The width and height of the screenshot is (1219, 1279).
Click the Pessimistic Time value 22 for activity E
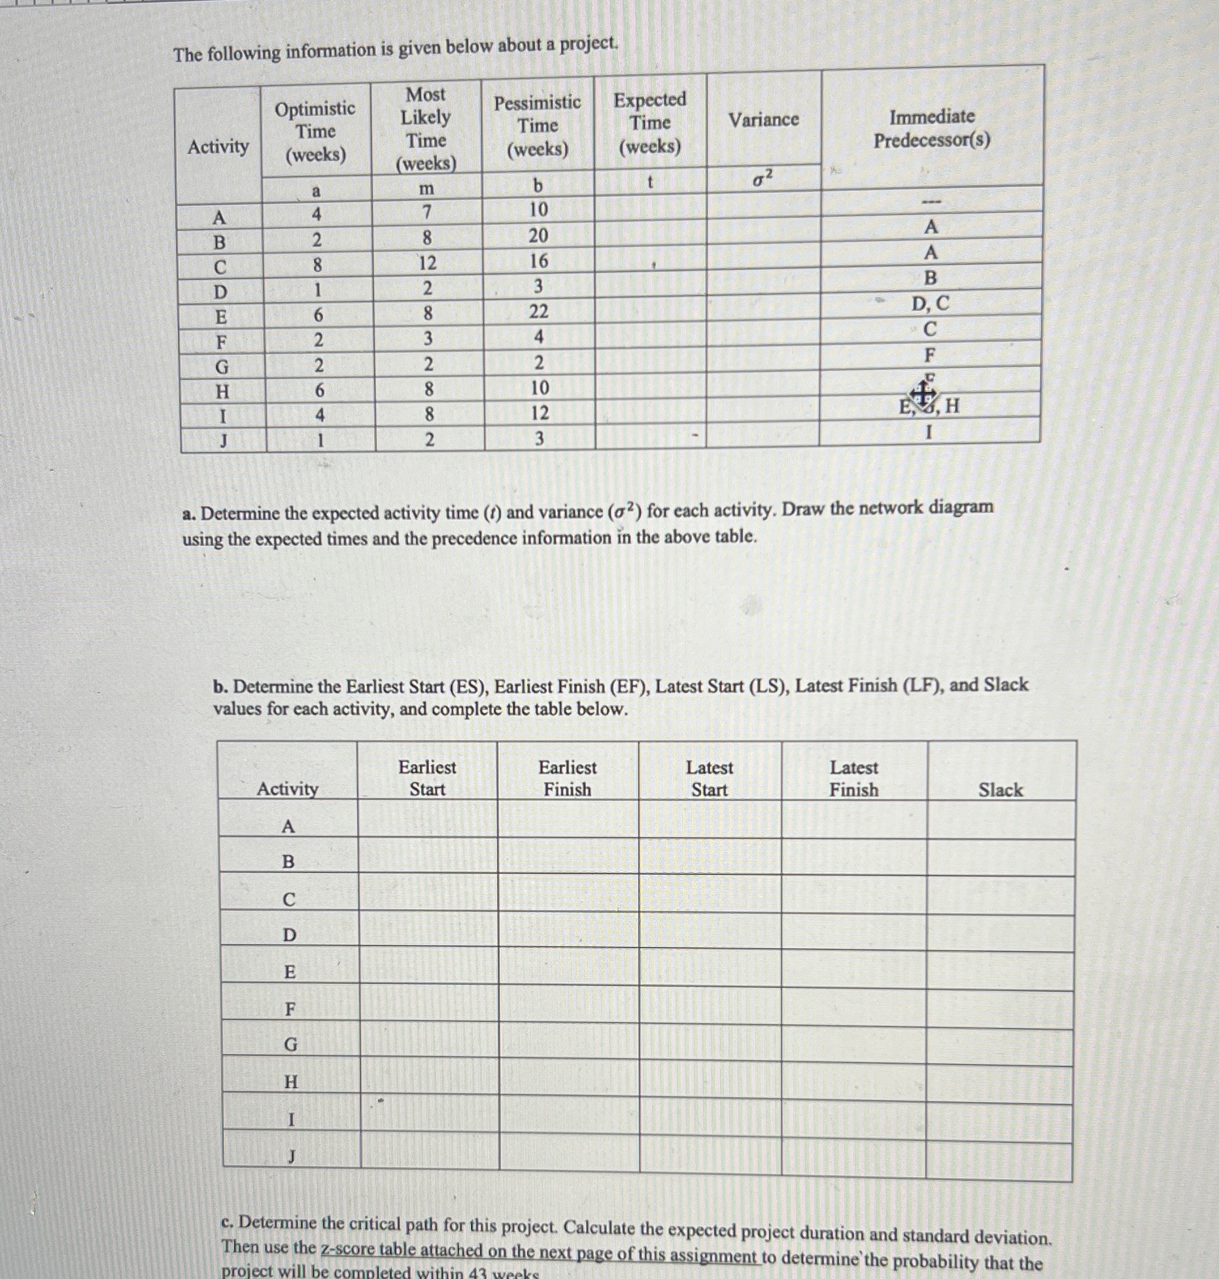538,312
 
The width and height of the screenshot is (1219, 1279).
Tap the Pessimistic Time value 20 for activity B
538,235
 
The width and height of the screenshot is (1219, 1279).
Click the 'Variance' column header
763,120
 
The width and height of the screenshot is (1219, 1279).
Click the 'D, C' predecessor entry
930,303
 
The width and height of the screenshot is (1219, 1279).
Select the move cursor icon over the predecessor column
922,394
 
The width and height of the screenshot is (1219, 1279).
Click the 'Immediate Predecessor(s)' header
931,128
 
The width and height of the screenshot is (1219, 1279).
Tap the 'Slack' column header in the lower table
1000,790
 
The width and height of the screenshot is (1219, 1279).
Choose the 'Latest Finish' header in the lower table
853,778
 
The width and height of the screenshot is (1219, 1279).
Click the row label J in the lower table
292,1157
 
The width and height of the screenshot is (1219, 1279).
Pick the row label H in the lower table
290,1082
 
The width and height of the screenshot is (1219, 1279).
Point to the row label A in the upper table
220,217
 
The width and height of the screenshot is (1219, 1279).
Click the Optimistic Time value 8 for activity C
317,265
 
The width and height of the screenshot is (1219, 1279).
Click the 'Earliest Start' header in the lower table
427,778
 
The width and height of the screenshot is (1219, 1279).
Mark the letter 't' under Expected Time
649,183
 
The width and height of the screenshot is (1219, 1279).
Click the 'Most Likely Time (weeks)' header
426,128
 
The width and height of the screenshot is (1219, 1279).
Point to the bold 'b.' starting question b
220,687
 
